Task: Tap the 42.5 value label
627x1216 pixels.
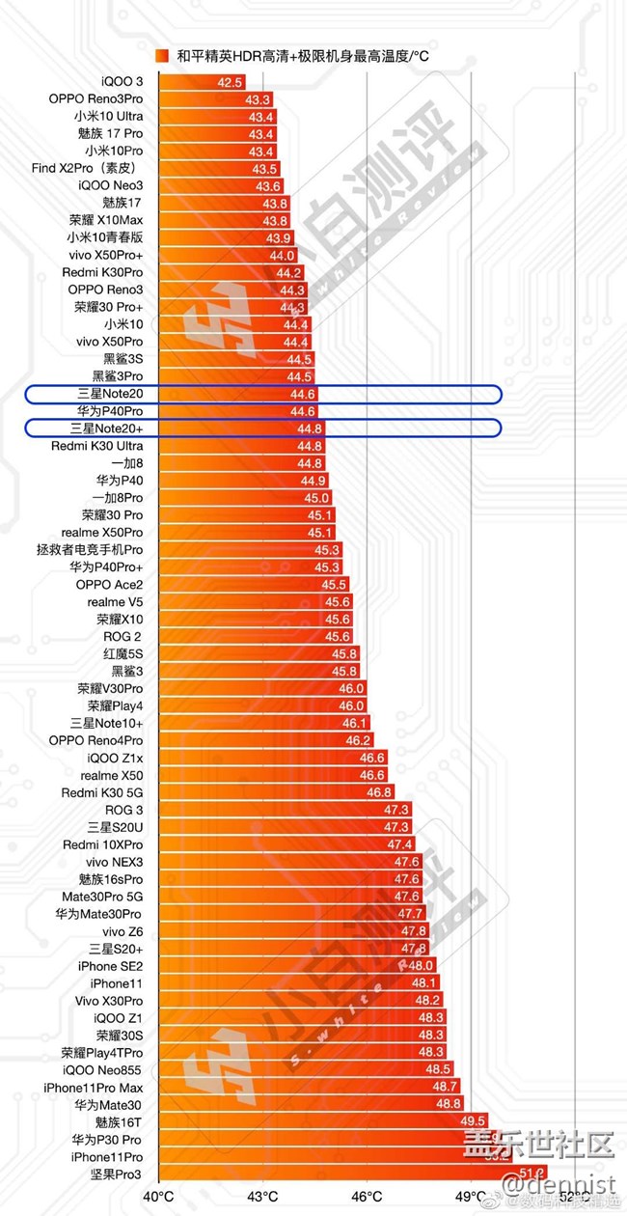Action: click(x=230, y=83)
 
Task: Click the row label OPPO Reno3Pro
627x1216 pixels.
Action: click(x=95, y=99)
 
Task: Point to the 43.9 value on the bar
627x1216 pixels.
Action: click(x=279, y=237)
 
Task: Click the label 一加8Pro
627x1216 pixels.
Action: click(x=119, y=497)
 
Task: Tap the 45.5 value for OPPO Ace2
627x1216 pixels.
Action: click(x=334, y=584)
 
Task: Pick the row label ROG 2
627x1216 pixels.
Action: click(x=123, y=636)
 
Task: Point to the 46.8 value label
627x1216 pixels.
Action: click(x=379, y=792)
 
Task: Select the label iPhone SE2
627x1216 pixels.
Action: click(x=110, y=966)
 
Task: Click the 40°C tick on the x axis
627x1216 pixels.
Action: click(x=158, y=1198)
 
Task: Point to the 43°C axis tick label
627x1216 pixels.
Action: click(x=262, y=1198)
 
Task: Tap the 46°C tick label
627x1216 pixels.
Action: click(x=367, y=1198)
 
